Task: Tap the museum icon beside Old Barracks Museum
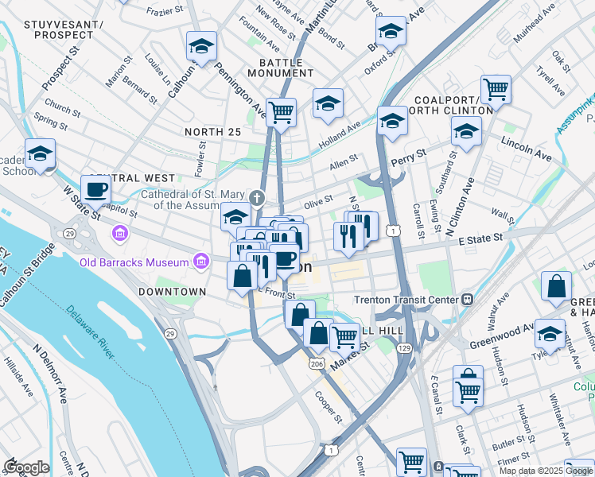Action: tap(201, 262)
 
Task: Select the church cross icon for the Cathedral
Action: tap(256, 198)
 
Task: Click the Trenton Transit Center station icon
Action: tap(467, 300)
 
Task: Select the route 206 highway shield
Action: tap(317, 363)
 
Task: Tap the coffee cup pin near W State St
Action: tap(96, 189)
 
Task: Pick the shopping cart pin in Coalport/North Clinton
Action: tap(496, 89)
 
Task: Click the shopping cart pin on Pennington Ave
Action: tap(281, 112)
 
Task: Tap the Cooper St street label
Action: tap(329, 407)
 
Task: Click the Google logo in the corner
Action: tap(26, 467)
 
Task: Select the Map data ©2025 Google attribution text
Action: tap(546, 471)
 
